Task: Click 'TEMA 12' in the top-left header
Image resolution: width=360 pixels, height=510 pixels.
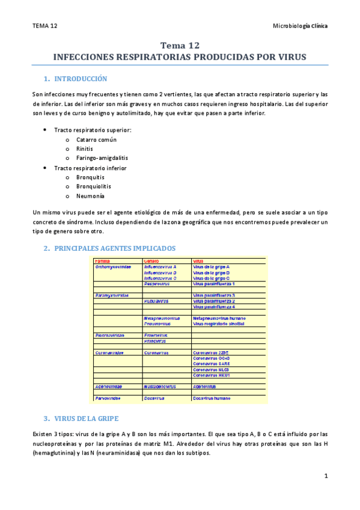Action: [x=45, y=26]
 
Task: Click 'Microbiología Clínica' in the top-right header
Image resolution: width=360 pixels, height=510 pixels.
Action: [x=301, y=26]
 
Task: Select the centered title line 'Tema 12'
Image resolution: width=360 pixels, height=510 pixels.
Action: [x=180, y=46]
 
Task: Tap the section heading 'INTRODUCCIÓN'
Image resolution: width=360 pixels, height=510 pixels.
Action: [x=81, y=79]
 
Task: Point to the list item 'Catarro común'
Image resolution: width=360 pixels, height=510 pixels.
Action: [x=96, y=140]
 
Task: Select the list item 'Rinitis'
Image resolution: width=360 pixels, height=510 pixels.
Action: [x=85, y=149]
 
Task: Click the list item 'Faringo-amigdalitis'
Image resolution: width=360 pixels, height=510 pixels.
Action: [x=102, y=158]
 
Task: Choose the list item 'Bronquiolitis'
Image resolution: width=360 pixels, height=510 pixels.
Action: [x=94, y=186]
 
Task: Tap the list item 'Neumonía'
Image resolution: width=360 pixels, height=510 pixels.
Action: [x=90, y=196]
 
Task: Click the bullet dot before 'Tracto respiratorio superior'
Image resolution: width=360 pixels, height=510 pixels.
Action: [x=46, y=130]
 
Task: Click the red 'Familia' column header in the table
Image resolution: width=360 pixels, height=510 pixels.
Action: [x=103, y=260]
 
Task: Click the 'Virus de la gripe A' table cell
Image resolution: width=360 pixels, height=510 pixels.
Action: [x=211, y=266]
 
